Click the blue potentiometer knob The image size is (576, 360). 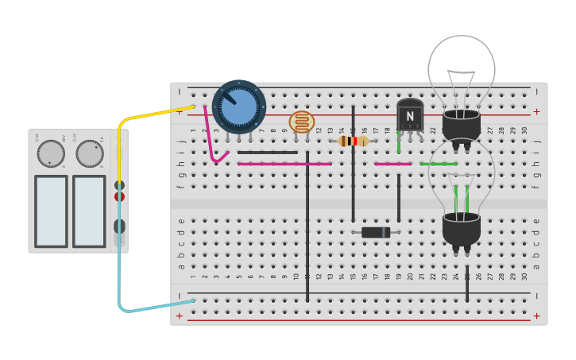coord(238,106)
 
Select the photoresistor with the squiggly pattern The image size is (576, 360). coord(301,122)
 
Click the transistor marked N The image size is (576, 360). coord(410,115)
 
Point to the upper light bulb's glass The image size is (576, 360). coord(462,68)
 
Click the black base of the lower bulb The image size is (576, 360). coord(462,229)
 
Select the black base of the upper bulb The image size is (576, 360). coord(462,126)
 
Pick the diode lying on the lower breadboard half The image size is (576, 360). coord(376,232)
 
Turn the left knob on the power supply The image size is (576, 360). coord(51,153)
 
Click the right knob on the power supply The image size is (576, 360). coord(90,153)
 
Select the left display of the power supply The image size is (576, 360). coord(51,211)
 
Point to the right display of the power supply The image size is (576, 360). coord(89,211)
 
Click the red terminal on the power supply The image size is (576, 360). coord(119,196)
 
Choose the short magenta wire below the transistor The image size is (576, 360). coord(392,164)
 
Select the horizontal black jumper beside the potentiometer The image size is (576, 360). coord(268,153)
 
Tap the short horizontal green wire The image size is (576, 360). coord(439,164)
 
